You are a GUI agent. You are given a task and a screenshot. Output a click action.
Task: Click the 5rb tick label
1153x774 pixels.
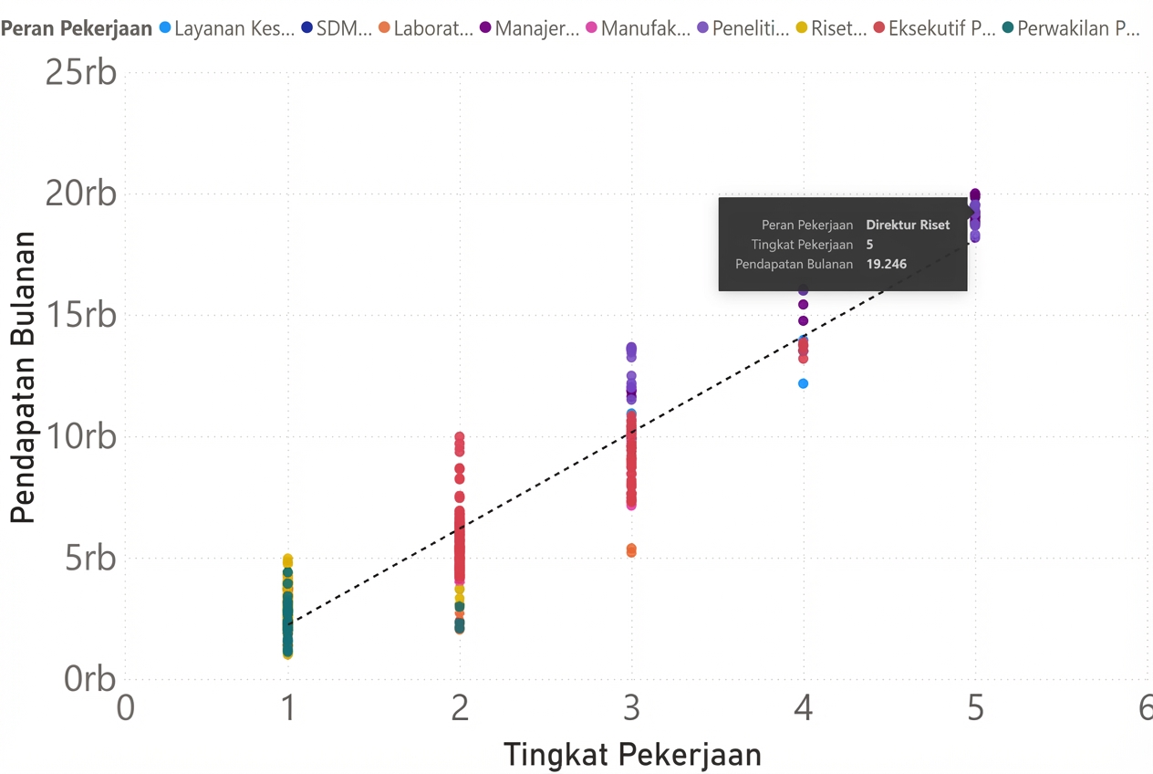[x=90, y=558]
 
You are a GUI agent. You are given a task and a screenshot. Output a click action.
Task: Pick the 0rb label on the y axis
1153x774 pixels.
[x=90, y=679]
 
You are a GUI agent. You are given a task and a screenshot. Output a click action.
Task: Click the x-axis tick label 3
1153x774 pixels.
[x=631, y=708]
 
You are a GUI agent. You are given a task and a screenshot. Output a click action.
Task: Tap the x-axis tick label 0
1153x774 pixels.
[x=126, y=708]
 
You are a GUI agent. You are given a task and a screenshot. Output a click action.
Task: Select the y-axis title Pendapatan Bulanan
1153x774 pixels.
[x=23, y=377]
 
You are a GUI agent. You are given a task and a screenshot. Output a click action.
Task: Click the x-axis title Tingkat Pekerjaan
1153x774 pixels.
[x=632, y=755]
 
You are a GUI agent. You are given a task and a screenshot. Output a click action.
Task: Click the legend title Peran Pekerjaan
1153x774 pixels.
[x=77, y=28]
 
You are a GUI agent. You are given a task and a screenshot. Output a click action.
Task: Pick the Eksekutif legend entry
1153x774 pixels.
[x=941, y=28]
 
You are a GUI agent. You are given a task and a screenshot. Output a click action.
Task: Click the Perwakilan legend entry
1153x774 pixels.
[x=1077, y=28]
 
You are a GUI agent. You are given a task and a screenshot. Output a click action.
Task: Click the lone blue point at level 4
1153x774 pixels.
[x=803, y=383]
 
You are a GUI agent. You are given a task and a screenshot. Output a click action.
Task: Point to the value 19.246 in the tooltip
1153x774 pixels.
[x=887, y=265]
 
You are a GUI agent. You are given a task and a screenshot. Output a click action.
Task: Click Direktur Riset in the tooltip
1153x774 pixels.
[x=908, y=225]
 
